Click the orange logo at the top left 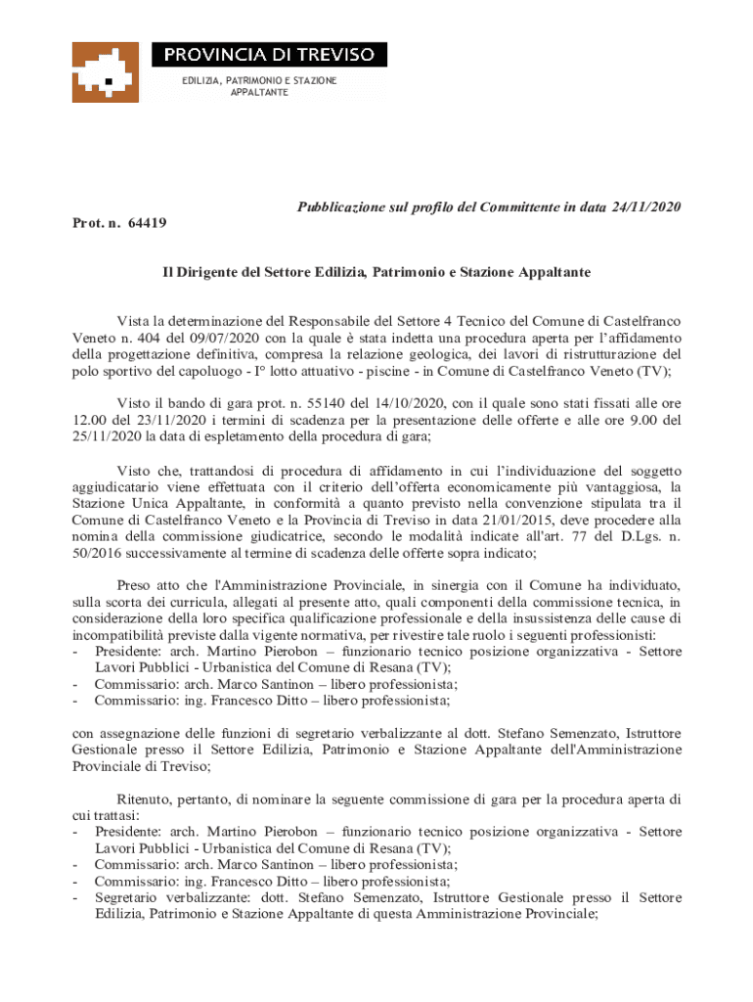tap(105, 72)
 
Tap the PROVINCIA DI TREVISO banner tap(268, 54)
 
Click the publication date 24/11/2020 tap(646, 206)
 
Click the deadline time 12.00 tap(93, 420)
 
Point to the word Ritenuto tap(146, 798)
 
